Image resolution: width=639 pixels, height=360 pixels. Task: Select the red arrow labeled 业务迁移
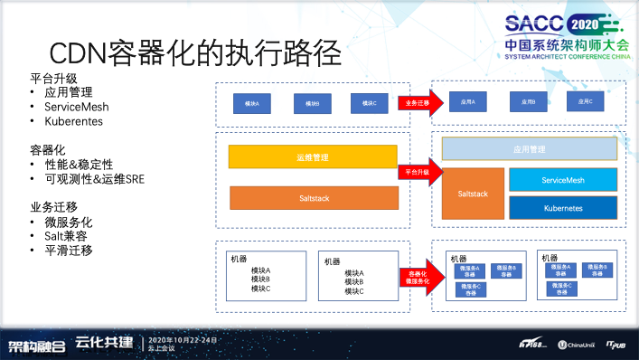pyautogui.click(x=416, y=104)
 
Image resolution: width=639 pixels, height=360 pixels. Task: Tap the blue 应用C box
pyautogui.click(x=584, y=102)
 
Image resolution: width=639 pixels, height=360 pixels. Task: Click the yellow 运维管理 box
pyautogui.click(x=312, y=156)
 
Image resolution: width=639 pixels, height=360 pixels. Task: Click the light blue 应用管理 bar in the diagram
pyautogui.click(x=529, y=149)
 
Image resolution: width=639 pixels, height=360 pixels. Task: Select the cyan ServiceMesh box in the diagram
pyautogui.click(x=562, y=180)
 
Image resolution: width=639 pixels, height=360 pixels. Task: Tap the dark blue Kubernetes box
pyautogui.click(x=562, y=208)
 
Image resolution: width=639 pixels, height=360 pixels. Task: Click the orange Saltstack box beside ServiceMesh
pyautogui.click(x=473, y=194)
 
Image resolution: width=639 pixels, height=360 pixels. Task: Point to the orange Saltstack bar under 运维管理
pyautogui.click(x=312, y=197)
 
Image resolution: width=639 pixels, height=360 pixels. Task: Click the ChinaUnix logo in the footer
pyautogui.click(x=575, y=345)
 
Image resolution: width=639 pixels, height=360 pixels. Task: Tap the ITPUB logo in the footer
pyautogui.click(x=616, y=345)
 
